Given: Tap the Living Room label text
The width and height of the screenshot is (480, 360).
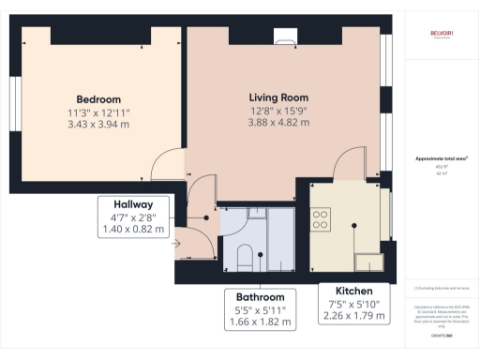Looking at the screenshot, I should pyautogui.click(x=278, y=97).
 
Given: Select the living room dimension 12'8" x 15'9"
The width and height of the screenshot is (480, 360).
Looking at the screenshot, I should pyautogui.click(x=278, y=111).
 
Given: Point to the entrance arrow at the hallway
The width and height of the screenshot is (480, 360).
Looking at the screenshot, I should pyautogui.click(x=176, y=245).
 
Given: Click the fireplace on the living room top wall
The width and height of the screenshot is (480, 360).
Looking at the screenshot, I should pyautogui.click(x=284, y=38).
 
